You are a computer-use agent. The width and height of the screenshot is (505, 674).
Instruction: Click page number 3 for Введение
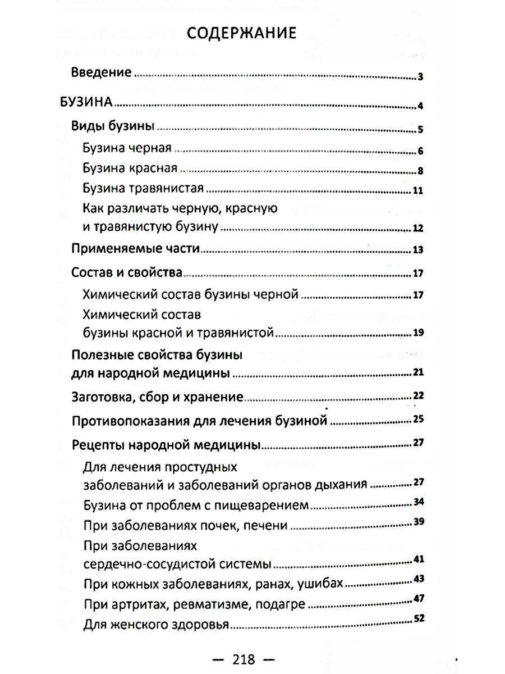[x=420, y=77]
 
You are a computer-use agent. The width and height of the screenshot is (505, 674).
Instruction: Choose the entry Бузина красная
[x=130, y=168]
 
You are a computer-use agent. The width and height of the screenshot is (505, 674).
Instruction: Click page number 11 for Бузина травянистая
[x=417, y=190]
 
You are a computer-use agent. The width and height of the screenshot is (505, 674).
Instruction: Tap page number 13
[x=417, y=250]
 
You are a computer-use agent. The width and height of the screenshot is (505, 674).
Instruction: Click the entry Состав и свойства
[x=127, y=273]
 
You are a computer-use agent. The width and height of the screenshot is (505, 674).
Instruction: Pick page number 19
[x=417, y=334]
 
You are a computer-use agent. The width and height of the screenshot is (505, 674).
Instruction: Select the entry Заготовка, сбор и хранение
[x=158, y=397]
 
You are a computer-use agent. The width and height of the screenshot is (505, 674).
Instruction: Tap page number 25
[x=417, y=419]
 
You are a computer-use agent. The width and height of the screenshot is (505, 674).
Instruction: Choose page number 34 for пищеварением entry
[x=417, y=502]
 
